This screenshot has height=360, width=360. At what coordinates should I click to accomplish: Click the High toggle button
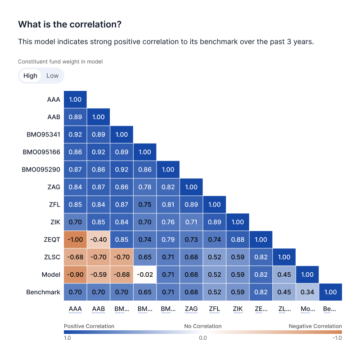click(x=30, y=76)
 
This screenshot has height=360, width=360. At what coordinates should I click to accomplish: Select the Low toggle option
click(x=53, y=76)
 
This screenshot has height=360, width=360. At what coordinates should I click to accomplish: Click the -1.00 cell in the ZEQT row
click(x=75, y=239)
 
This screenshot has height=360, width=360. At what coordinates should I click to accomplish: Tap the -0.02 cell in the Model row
click(x=145, y=274)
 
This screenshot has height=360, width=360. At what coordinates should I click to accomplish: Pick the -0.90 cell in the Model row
click(x=75, y=274)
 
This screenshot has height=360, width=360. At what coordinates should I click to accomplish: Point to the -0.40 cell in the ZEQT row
click(x=98, y=239)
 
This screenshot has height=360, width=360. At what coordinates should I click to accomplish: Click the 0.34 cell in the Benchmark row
click(x=307, y=292)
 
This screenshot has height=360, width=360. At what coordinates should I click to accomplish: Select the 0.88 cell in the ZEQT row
click(x=238, y=239)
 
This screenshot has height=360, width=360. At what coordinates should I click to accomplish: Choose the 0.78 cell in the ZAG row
click(x=145, y=187)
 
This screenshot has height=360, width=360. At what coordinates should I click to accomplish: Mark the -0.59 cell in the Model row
click(x=98, y=274)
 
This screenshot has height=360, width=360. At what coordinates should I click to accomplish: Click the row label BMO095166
click(x=41, y=152)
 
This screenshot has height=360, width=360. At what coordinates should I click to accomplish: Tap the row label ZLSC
click(x=51, y=257)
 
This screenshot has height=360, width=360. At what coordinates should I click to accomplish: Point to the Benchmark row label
click(x=43, y=292)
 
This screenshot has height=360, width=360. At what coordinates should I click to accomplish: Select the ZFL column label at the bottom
click(x=215, y=310)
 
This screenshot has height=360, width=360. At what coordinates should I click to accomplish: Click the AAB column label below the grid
click(x=98, y=310)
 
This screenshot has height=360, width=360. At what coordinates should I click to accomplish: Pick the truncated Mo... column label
click(x=307, y=310)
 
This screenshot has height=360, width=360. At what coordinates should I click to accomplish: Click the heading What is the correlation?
click(x=70, y=25)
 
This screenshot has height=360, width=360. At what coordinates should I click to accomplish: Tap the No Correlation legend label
click(x=203, y=326)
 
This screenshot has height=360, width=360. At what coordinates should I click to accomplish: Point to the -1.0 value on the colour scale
click(x=337, y=338)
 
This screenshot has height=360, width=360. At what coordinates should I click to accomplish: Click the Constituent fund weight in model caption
click(x=60, y=62)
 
